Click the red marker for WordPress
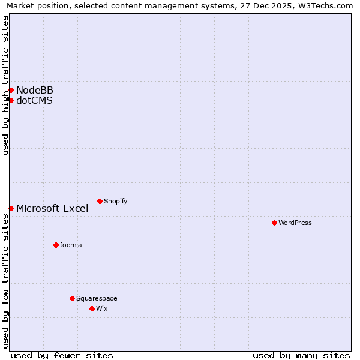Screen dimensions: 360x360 tap(274, 223)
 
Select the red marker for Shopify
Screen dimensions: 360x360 tap(100, 201)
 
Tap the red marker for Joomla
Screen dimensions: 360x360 tap(56, 245)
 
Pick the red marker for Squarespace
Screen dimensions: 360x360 tap(72, 298)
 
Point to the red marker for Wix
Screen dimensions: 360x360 tap(92, 308)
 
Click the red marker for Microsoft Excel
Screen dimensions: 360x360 tap(11, 208)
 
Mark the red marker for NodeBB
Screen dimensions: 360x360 tap(11, 90)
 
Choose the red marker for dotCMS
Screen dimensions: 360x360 tap(11, 100)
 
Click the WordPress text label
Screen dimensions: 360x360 tap(295, 223)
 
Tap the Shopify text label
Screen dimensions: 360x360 tap(115, 201)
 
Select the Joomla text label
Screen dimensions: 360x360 tap(71, 245)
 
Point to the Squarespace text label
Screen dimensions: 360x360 tap(97, 298)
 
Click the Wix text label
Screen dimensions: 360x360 tap(101, 308)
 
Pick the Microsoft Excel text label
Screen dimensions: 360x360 tap(52, 208)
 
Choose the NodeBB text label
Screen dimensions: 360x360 tap(35, 90)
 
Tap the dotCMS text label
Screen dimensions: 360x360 tap(34, 100)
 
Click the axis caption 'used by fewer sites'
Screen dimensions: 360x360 tap(62, 355)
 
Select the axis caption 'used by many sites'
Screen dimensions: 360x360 tap(301, 355)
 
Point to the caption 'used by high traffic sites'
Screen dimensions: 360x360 tap(6, 85)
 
